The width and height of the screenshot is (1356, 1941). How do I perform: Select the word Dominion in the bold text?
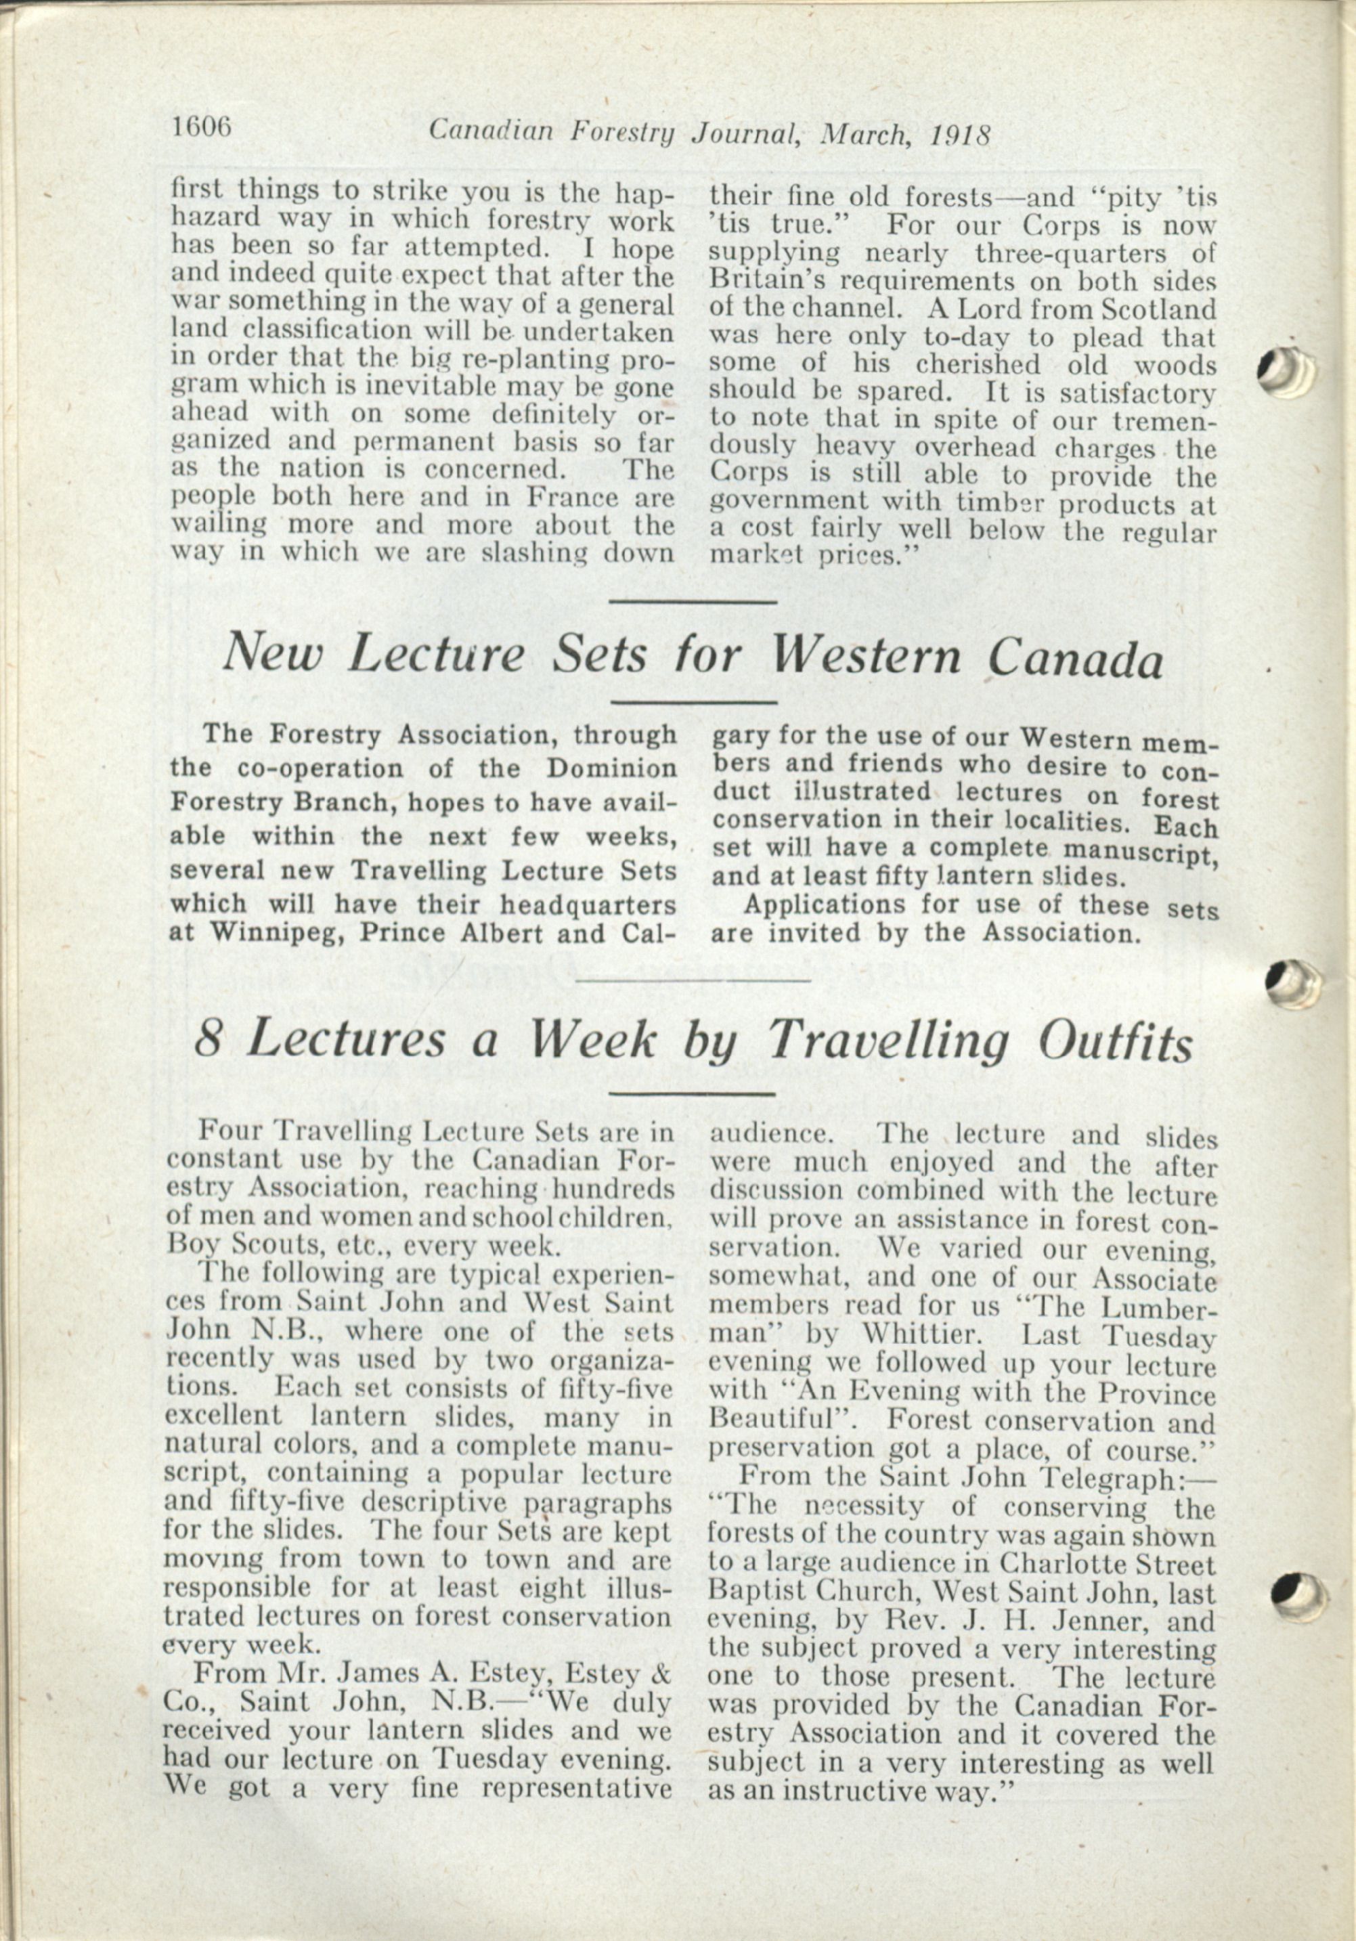pos(611,770)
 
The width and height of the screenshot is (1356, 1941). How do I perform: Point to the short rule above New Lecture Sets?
pos(693,601)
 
